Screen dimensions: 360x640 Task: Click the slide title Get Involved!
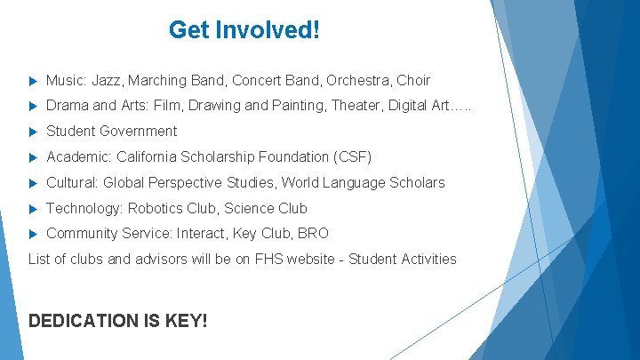point(244,30)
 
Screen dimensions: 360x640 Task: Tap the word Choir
point(413,80)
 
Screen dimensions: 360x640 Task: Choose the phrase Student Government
point(111,132)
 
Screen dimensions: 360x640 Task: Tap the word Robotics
point(155,209)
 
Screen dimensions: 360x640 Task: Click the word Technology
point(84,209)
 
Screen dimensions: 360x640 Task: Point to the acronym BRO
point(313,234)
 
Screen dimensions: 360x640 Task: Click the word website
point(311,260)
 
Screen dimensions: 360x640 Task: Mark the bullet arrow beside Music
point(33,81)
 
